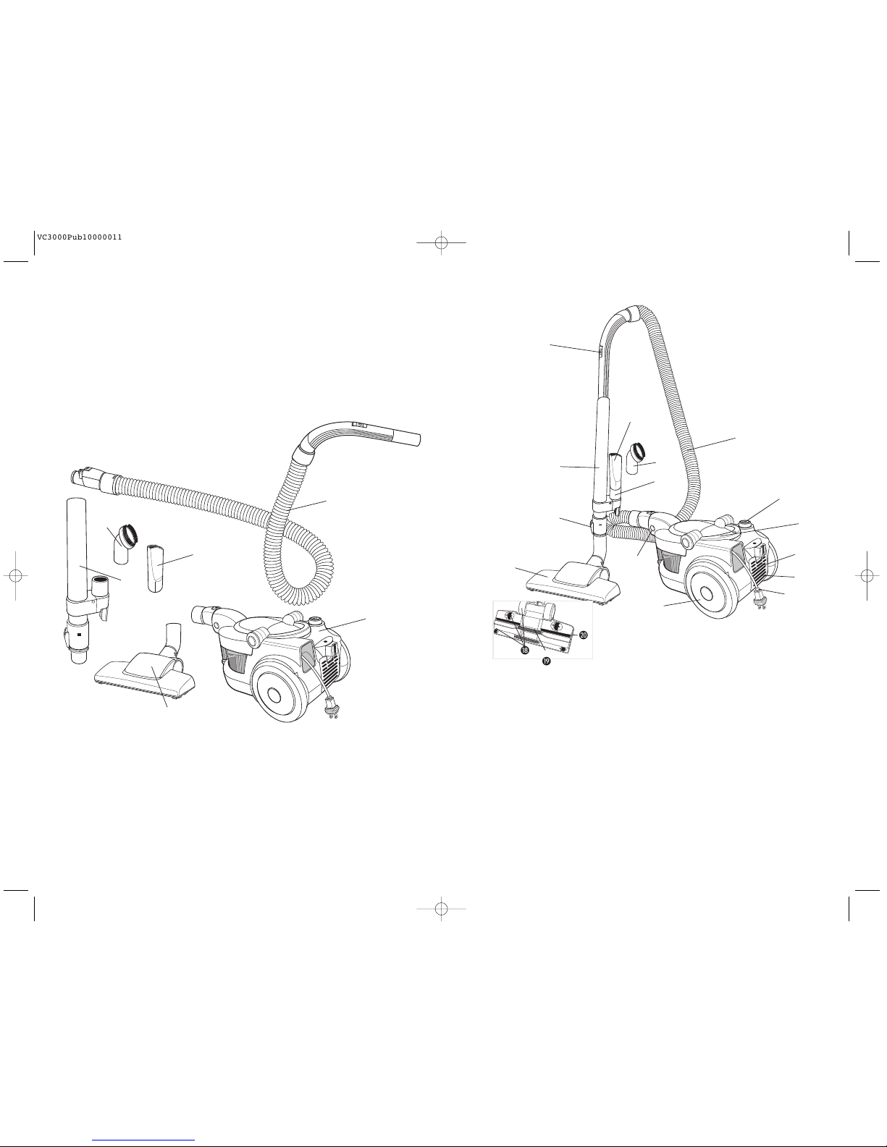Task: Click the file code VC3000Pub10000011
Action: (79, 237)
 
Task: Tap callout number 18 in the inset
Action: (525, 651)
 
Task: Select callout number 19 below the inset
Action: (547, 661)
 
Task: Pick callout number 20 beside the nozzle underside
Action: (584, 635)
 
